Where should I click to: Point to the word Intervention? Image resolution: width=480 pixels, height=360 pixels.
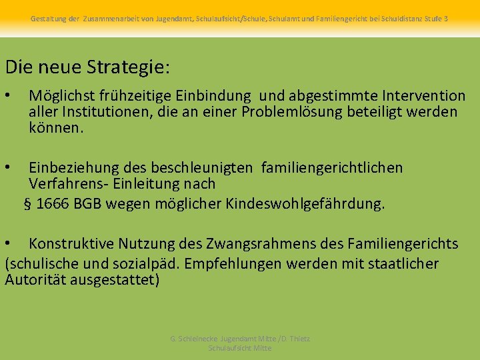click(422, 97)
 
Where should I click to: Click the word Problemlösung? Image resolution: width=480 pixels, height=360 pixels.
click(293, 112)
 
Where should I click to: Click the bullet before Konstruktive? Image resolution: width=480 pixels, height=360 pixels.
click(9, 244)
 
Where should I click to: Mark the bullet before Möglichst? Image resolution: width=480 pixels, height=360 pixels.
click(9, 97)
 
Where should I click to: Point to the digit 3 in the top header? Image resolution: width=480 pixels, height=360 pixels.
click(445, 19)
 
